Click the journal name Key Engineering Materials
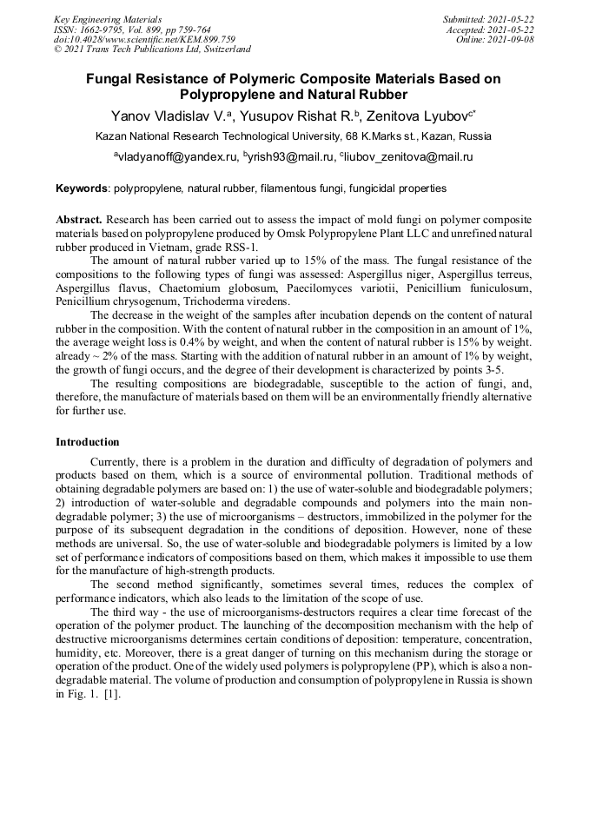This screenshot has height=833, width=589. point(108,18)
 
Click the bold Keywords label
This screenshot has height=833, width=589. point(83,188)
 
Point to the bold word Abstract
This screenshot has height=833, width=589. point(79,221)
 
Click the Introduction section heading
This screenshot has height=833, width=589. point(88,442)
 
